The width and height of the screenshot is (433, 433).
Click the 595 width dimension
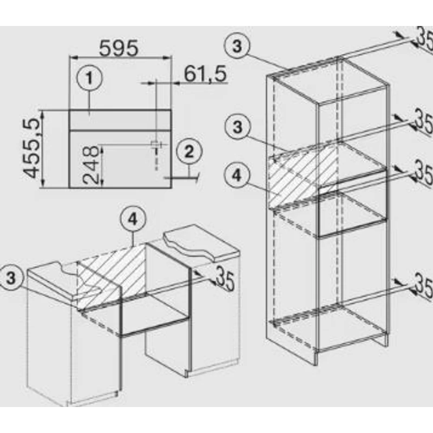(119, 48)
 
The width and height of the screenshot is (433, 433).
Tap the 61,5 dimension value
(205, 74)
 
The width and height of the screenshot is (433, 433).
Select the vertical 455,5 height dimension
(31, 148)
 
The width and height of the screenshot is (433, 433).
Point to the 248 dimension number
(90, 165)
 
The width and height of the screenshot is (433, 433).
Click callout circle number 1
(89, 78)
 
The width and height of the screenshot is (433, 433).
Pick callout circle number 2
(189, 152)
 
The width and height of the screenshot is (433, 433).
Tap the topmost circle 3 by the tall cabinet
(237, 46)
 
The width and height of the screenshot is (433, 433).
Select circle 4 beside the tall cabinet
(237, 176)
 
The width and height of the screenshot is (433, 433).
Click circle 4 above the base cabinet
(133, 220)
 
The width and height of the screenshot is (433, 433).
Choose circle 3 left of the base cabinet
(10, 278)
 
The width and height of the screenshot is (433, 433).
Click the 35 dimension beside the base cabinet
(225, 279)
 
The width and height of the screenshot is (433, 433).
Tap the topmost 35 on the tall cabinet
(424, 38)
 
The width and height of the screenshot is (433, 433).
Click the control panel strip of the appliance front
(120, 120)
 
